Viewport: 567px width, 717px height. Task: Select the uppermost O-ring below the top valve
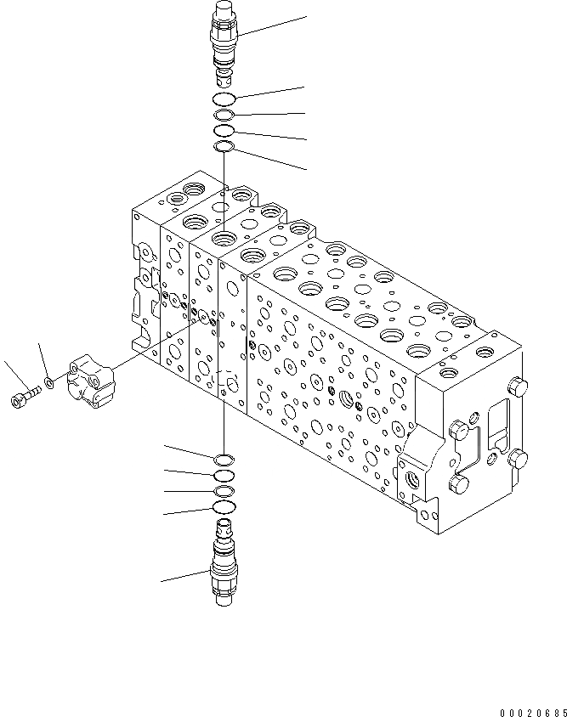tap(224, 100)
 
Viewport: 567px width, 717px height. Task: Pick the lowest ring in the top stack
tap(224, 148)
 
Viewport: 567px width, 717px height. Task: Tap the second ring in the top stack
tap(224, 116)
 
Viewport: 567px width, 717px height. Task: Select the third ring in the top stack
tap(224, 131)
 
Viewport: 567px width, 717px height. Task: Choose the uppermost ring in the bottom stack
tap(224, 460)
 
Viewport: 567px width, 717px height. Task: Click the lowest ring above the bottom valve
tap(224, 507)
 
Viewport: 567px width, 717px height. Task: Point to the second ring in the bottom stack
tap(224, 476)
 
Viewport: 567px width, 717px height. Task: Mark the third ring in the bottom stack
tap(224, 492)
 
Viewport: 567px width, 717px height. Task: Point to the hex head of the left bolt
tap(17, 398)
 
